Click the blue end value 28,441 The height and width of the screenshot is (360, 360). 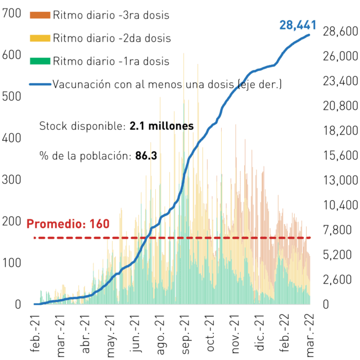(298, 25)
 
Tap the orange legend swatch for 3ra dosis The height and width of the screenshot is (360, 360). (40, 15)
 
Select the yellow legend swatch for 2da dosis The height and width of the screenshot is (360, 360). (40, 38)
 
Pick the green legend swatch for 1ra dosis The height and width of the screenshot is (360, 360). (40, 61)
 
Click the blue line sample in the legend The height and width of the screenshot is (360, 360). (40, 84)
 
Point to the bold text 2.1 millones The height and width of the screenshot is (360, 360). (161, 126)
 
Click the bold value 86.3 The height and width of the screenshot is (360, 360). (146, 156)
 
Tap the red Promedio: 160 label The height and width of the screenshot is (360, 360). (68, 224)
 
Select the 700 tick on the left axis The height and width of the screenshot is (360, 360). (11, 13)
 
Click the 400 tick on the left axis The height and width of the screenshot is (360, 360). (11, 138)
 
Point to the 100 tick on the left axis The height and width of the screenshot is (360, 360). (11, 263)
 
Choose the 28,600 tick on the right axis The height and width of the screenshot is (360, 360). (340, 31)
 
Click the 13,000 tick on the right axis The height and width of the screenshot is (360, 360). (340, 181)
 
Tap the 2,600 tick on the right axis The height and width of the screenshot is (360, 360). (337, 280)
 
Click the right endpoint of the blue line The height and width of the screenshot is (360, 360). (309, 35)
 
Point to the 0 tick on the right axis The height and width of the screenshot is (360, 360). (326, 304)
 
